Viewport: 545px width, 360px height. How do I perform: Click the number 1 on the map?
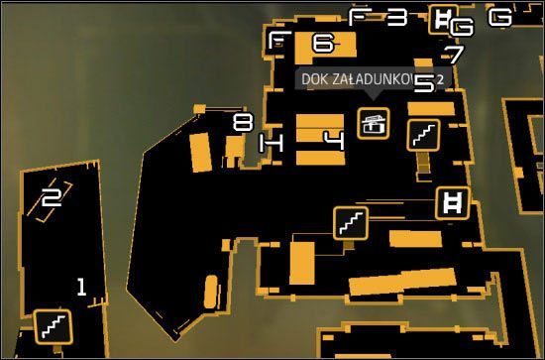81,289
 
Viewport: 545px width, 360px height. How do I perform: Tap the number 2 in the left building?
52,197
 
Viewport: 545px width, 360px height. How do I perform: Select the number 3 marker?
396,17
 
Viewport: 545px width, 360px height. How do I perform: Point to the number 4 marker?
335,140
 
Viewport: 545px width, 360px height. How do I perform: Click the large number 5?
423,83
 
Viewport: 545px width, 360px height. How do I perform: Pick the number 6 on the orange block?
323,43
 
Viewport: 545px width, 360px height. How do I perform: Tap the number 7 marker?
454,55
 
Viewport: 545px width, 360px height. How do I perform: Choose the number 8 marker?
243,123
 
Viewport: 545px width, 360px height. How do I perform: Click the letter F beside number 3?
359,16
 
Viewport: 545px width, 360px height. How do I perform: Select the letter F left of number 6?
279,41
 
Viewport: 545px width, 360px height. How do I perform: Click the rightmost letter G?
501,17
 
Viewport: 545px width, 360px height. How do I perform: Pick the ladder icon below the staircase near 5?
451,203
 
